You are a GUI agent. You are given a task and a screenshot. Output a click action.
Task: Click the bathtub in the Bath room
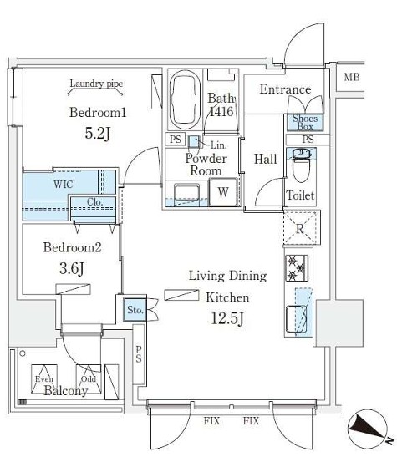185,99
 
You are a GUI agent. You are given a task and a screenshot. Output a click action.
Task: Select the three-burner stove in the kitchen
297,268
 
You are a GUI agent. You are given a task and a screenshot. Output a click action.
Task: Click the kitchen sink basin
297,319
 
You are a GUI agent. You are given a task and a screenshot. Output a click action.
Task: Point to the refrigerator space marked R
300,228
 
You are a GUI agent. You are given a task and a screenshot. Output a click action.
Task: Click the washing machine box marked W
223,192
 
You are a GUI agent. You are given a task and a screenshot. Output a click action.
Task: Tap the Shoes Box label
305,123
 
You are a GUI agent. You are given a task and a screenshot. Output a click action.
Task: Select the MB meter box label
352,77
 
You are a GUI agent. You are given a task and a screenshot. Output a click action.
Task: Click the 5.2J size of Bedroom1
98,134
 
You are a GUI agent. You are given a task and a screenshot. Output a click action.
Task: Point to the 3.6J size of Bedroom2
72,268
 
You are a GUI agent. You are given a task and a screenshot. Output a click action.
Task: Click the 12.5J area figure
227,318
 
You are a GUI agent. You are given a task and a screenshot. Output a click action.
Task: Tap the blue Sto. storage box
135,309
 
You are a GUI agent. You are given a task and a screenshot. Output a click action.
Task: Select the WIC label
63,184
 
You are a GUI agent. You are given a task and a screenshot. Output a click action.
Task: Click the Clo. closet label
95,201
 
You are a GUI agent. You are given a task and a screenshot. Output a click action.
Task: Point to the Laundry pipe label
96,84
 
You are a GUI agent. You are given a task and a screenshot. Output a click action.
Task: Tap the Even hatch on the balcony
44,378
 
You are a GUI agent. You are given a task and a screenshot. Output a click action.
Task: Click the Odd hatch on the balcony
89,378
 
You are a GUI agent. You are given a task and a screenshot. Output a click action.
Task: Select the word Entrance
285,89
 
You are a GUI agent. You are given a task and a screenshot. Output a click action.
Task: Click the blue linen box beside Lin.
194,141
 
